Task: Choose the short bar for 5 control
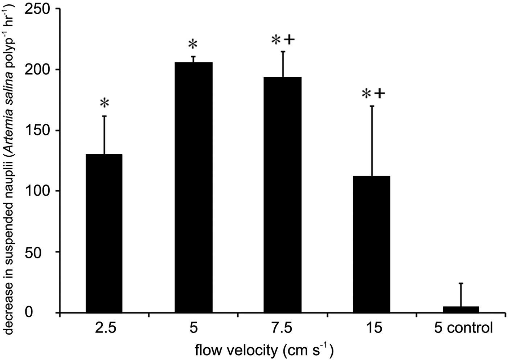[x=461, y=310]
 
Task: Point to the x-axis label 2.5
[x=104, y=328]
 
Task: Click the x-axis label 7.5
[x=283, y=328]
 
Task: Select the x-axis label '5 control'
[x=463, y=328]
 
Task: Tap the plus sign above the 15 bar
[x=380, y=94]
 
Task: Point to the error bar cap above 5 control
[x=461, y=283]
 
